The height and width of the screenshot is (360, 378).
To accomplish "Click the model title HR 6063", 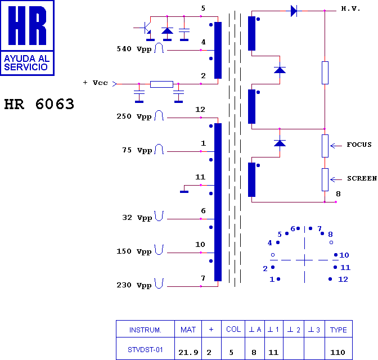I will pyautogui.click(x=39, y=105).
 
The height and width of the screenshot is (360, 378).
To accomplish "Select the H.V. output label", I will pyautogui.click(x=351, y=10).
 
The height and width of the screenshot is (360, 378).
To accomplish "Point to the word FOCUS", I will pyautogui.click(x=359, y=145).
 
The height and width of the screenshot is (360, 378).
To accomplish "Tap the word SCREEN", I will pyautogui.click(x=362, y=178).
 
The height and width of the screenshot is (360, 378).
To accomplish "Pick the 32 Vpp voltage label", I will pyautogui.click(x=137, y=218).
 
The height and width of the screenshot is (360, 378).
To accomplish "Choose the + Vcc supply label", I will pyautogui.click(x=95, y=83).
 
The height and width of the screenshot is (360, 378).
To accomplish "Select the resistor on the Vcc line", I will pyautogui.click(x=161, y=84).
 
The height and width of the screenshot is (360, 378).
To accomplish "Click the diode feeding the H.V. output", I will pyautogui.click(x=293, y=11).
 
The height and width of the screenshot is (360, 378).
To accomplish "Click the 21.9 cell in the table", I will pyautogui.click(x=188, y=353).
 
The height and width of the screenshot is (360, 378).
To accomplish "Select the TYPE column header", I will pyautogui.click(x=339, y=330).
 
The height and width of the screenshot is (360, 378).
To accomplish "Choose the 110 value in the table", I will pyautogui.click(x=337, y=353).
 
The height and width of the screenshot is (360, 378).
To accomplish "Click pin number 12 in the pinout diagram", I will pyautogui.click(x=343, y=280).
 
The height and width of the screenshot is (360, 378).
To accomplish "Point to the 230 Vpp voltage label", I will pyautogui.click(x=134, y=285).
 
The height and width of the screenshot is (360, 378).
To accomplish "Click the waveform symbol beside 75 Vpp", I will pyautogui.click(x=159, y=150).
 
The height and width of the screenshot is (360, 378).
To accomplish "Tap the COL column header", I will pyautogui.click(x=233, y=330).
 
